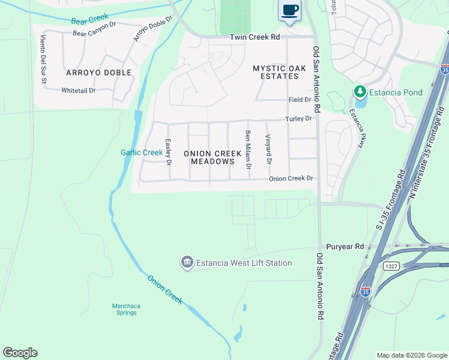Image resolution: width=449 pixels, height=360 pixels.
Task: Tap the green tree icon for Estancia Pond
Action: click(360, 92)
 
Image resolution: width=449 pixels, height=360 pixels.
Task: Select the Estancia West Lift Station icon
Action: click(187, 263)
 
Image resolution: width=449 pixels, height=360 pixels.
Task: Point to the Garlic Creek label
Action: click(142, 152)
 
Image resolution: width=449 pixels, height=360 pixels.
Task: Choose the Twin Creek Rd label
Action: click(255, 37)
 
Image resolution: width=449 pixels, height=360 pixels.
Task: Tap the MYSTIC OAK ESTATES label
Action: click(276, 73)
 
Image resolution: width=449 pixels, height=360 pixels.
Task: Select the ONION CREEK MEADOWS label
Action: click(212, 158)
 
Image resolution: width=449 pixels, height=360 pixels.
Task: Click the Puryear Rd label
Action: click(345, 247)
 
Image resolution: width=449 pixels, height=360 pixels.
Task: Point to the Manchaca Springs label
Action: click(126, 309)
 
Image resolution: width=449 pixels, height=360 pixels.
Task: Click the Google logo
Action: click(20, 353)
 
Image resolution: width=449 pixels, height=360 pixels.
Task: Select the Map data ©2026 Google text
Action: click(411, 355)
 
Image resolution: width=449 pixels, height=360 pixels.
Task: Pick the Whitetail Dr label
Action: click(78, 90)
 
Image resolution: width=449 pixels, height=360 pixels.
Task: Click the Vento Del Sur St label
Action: click(43, 53)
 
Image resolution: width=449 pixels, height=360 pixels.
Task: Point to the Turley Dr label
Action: click(298, 119)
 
